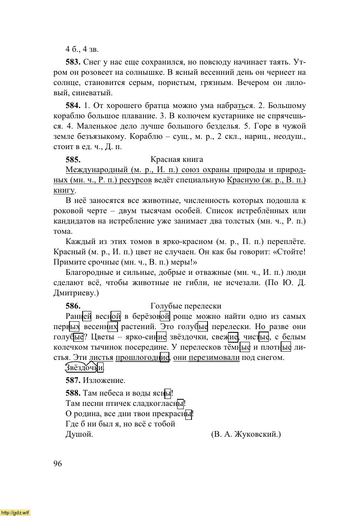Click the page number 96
click(58, 464)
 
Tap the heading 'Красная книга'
click(177, 159)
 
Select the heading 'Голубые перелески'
click(186, 306)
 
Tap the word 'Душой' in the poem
click(79, 434)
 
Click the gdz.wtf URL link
click(15, 512)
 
